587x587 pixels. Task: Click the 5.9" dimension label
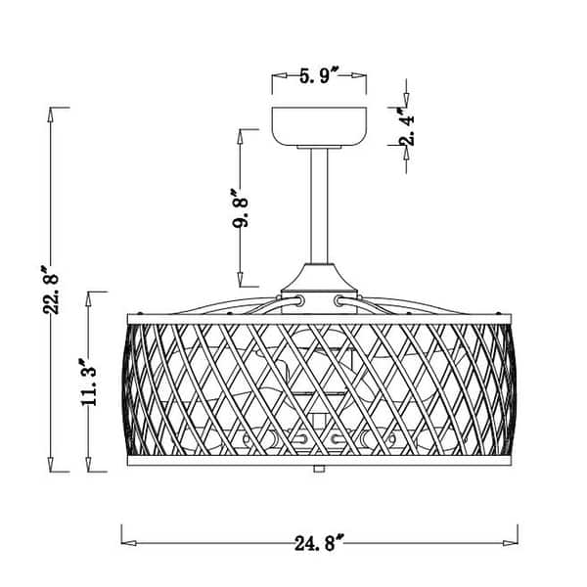point(319,76)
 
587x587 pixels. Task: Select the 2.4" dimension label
point(407,126)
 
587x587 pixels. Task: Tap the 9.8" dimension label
point(240,208)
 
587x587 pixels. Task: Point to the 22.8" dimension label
point(51,290)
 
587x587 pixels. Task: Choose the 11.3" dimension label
point(88,382)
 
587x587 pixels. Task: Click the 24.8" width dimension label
point(319,543)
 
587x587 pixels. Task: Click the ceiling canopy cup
point(319,126)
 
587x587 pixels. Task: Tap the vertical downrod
point(319,205)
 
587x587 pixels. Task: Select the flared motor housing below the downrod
point(319,279)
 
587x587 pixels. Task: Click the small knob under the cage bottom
point(319,469)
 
